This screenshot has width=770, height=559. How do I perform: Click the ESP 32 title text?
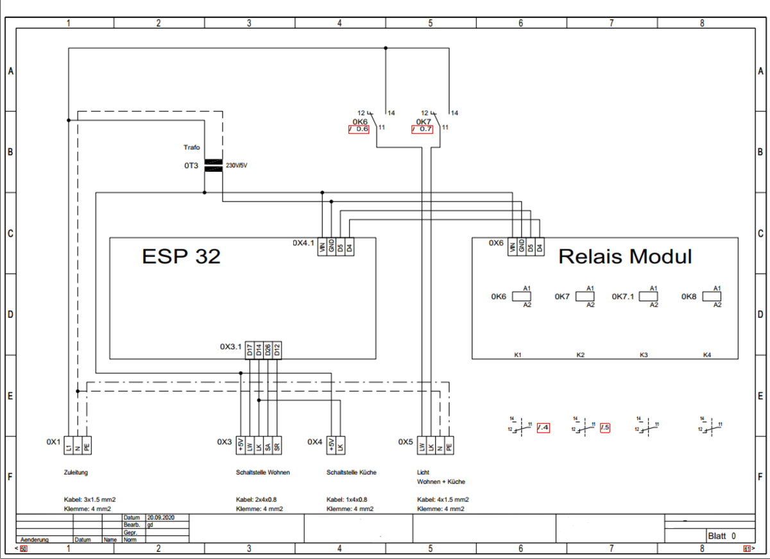click(x=181, y=256)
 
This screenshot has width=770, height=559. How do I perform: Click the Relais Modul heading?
click(x=625, y=256)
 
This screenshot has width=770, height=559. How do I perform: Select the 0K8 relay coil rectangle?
click(x=713, y=296)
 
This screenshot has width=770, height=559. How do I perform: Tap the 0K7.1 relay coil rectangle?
click(x=649, y=296)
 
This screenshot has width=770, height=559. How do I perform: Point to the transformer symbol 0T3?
click(x=213, y=165)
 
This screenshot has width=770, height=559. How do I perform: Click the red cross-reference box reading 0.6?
click(x=359, y=129)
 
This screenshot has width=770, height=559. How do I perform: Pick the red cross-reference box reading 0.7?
click(x=422, y=129)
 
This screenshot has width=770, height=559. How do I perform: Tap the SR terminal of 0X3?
click(x=277, y=445)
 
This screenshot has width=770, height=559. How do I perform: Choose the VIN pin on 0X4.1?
click(x=321, y=246)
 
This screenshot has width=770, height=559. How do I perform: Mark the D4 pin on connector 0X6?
click(x=540, y=246)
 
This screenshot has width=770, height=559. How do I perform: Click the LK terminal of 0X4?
click(x=341, y=445)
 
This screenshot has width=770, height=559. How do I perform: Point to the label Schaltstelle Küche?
click(x=351, y=472)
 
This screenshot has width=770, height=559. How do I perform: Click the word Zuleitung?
click(x=76, y=472)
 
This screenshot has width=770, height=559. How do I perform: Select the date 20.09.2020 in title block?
click(x=160, y=517)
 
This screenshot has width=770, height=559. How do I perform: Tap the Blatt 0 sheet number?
click(x=721, y=536)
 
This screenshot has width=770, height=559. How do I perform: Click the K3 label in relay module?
click(x=644, y=355)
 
